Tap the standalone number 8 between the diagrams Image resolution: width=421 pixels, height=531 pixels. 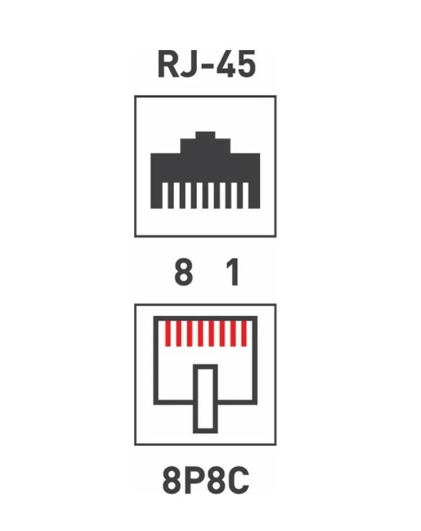click(x=184, y=272)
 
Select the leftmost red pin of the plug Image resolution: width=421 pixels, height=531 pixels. click(x=167, y=334)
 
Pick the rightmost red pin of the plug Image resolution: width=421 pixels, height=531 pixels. click(x=244, y=334)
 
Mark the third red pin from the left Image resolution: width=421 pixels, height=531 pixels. click(x=190, y=334)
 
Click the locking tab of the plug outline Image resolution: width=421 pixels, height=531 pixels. click(x=205, y=399)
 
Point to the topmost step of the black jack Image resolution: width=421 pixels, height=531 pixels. click(x=205, y=135)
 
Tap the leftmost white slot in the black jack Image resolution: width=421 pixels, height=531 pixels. click(x=165, y=195)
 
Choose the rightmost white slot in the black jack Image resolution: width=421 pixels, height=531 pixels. click(x=246, y=195)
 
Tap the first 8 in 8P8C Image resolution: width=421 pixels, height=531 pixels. click(x=171, y=480)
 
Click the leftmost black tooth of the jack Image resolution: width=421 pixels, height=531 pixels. click(x=156, y=195)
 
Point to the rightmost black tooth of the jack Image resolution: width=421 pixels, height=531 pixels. click(x=254, y=195)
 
